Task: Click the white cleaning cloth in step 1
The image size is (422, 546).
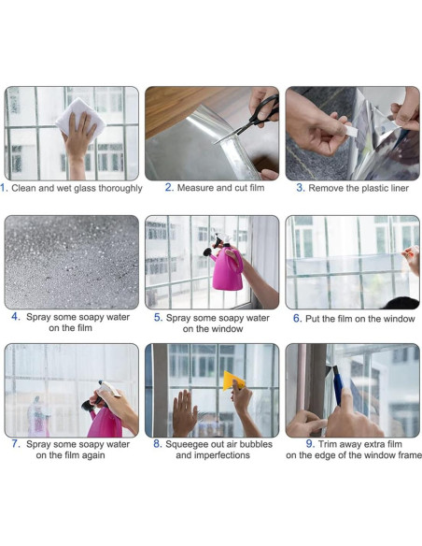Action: (x=80, y=117)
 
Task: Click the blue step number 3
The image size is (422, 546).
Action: (x=301, y=188)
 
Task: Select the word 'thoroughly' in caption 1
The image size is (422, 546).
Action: (x=120, y=188)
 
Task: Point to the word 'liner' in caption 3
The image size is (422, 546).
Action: (x=399, y=188)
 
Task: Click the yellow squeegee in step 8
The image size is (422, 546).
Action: (x=233, y=381)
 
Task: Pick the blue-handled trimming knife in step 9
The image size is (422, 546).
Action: (x=338, y=385)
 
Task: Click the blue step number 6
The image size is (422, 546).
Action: (x=297, y=319)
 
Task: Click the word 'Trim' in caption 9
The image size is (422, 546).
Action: (x=327, y=444)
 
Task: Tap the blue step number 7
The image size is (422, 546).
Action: (x=16, y=444)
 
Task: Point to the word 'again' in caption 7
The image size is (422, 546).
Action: (x=92, y=455)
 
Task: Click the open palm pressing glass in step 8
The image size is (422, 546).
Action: (x=184, y=412)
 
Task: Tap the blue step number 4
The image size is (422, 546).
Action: (x=16, y=317)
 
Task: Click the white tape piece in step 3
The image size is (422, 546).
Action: (x=351, y=132)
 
